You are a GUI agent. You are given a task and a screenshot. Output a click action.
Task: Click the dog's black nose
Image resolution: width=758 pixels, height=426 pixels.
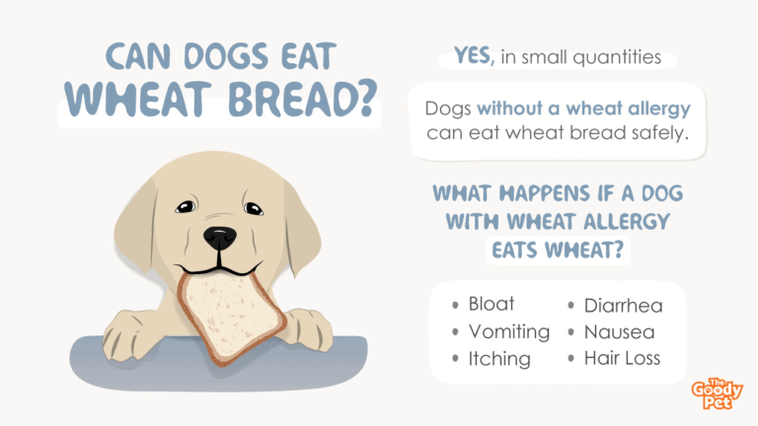coord(220,238)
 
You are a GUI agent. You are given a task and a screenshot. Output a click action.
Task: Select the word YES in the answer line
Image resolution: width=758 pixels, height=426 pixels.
coord(474,55)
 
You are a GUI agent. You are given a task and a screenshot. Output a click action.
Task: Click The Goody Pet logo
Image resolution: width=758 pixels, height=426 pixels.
coord(718,393)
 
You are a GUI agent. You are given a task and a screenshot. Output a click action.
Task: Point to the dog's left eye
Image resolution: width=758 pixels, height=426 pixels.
coord(186,207)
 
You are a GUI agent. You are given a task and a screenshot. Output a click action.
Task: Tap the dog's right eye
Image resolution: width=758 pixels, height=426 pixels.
coord(254,209)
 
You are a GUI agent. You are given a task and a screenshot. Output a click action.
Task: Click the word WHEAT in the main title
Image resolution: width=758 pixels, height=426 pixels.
coord(138,99)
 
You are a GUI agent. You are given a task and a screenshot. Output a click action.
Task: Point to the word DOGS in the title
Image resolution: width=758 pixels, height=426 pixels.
coord(226,56)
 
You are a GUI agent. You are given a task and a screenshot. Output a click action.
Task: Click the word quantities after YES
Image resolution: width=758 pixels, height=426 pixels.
coord(617,57)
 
